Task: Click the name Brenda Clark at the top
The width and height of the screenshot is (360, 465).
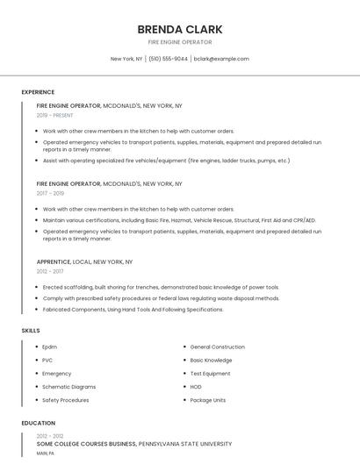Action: point(179,29)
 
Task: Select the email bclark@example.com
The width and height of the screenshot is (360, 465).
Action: point(221,59)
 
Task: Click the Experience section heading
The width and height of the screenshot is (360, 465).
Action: point(38,92)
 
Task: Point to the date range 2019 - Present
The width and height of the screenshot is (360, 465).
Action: point(54,115)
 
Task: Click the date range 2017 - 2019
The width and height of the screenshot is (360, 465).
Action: point(50,193)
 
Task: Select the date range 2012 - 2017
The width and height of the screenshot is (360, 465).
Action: point(50,271)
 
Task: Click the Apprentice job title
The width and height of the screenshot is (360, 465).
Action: point(53,261)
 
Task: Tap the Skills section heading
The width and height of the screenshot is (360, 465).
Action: point(31,330)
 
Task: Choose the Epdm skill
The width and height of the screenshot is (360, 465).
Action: point(49,347)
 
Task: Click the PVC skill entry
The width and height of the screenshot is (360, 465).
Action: point(47,361)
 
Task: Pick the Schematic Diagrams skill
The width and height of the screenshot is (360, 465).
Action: point(68,387)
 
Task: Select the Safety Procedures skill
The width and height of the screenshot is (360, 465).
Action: point(65,400)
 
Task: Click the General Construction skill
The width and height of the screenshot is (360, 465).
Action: point(217,347)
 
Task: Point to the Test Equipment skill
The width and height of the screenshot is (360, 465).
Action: point(210,374)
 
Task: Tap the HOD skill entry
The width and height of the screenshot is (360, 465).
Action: point(196,387)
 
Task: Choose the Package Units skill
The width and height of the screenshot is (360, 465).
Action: point(208,400)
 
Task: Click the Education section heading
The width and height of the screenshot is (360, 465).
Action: point(38,423)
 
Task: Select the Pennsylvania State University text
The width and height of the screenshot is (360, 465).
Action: point(185,445)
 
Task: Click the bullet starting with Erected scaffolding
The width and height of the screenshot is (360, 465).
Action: point(161,287)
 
